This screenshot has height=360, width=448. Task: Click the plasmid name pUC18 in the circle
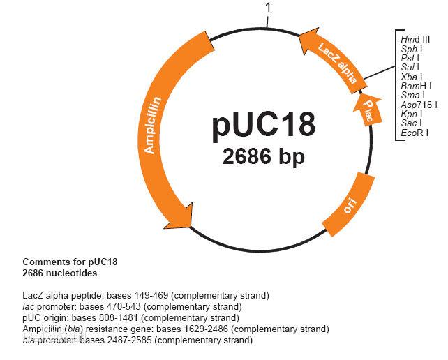pyautogui.click(x=264, y=124)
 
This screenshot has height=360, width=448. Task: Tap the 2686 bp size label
pyautogui.click(x=264, y=157)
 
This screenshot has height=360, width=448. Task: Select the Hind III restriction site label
pyautogui.click(x=415, y=40)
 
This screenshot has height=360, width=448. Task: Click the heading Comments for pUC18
pyautogui.click(x=70, y=262)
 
